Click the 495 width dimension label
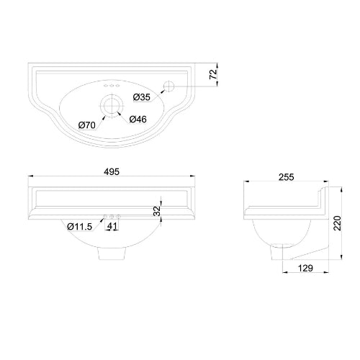pos(111,172)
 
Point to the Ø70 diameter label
pos(87,125)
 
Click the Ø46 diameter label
pos(139,119)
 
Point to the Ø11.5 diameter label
pos(80,227)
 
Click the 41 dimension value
pos(112,227)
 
